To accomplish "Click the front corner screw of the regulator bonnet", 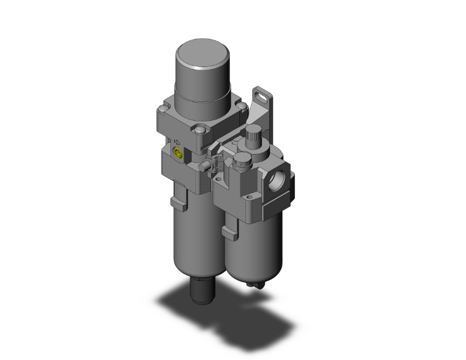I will point(200,131).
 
